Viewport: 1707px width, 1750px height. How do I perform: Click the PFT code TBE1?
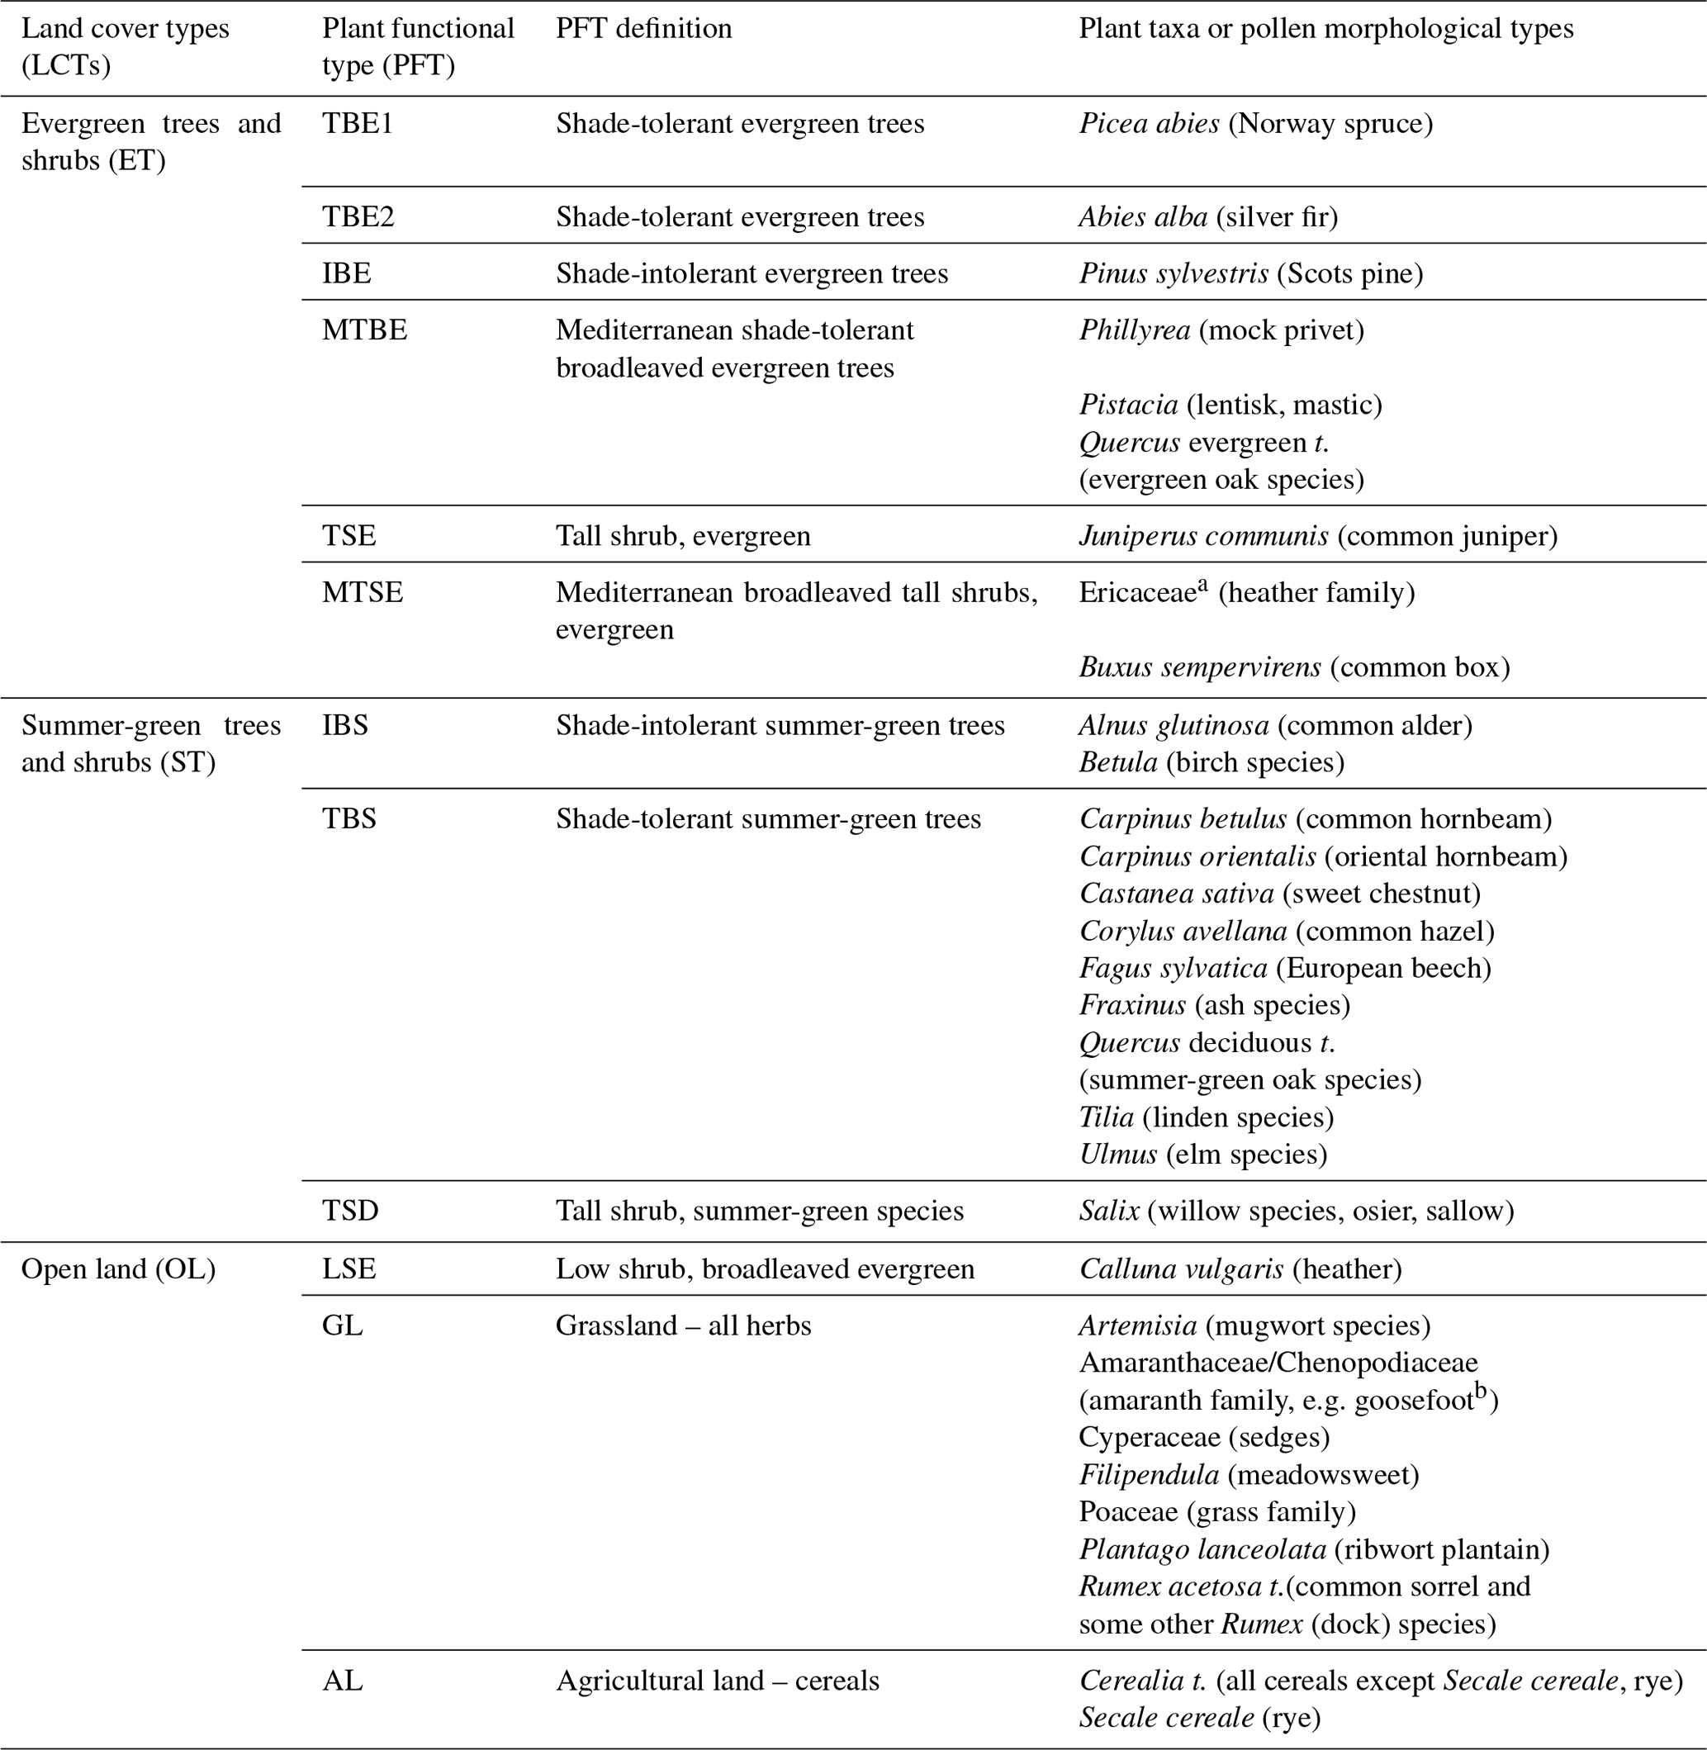pyautogui.click(x=358, y=124)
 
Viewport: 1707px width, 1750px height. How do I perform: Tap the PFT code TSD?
pyautogui.click(x=350, y=1212)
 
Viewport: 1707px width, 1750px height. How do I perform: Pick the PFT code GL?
pyautogui.click(x=343, y=1326)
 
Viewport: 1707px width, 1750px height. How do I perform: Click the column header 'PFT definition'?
pyautogui.click(x=643, y=29)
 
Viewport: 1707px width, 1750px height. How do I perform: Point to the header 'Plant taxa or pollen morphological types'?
pyautogui.click(x=1326, y=29)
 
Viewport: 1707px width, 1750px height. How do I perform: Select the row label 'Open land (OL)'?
pyautogui.click(x=118, y=1269)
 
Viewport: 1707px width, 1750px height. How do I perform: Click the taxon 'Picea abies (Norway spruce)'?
pyautogui.click(x=1255, y=124)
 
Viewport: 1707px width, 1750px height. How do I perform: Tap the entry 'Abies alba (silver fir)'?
pyautogui.click(x=1207, y=218)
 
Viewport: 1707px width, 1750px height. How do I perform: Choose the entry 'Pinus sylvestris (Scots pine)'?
pyautogui.click(x=1250, y=274)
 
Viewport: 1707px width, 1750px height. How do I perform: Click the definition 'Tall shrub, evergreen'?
pyautogui.click(x=683, y=537)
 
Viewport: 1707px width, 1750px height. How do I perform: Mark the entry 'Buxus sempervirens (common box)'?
pyautogui.click(x=1294, y=668)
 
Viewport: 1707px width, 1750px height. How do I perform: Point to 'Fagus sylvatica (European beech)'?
pyautogui.click(x=1285, y=969)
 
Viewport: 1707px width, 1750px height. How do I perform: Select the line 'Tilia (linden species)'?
pyautogui.click(x=1206, y=1118)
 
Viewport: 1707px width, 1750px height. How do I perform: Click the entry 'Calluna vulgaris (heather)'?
pyautogui.click(x=1240, y=1269)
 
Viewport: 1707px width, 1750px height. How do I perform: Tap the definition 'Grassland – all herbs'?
pyautogui.click(x=683, y=1326)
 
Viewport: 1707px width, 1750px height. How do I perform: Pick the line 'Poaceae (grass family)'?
pyautogui.click(x=1216, y=1512)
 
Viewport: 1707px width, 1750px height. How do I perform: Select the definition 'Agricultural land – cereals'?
pyautogui.click(x=717, y=1681)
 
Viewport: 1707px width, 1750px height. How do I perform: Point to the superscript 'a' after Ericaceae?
pyautogui.click(x=1203, y=586)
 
